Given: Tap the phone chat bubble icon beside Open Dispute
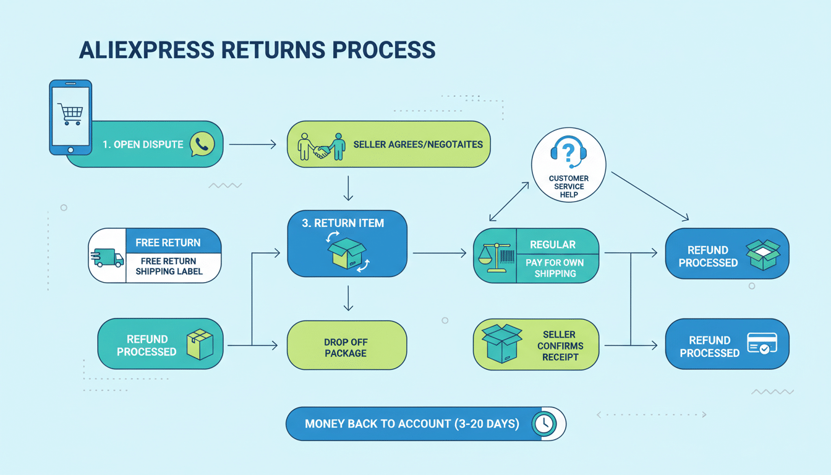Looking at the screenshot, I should click(202, 144).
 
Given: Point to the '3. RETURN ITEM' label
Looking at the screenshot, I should click(343, 223).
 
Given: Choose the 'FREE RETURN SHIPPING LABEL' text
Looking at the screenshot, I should click(168, 266).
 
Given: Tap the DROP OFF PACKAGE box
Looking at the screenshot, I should click(346, 347).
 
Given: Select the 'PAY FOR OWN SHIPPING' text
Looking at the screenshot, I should click(555, 268).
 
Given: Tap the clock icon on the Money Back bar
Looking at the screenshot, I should click(544, 424).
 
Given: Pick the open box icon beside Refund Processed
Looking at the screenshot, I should click(763, 254).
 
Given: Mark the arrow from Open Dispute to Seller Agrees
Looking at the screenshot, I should click(252, 145).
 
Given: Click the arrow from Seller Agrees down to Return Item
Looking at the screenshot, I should click(347, 188).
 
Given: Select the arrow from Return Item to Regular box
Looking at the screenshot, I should click(440, 253).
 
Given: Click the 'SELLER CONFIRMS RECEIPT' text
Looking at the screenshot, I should click(560, 346).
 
